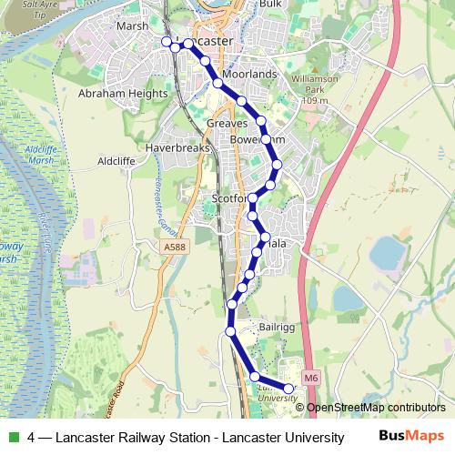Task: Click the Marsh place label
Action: tap(133, 26)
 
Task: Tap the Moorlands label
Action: tap(249, 73)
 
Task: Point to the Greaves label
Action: tap(227, 123)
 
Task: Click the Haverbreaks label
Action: tap(177, 147)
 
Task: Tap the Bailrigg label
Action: tap(275, 325)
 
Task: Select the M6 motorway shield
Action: tap(312, 378)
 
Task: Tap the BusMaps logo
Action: tap(410, 437)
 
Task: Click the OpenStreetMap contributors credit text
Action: tap(375, 408)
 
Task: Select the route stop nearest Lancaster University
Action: tap(289, 389)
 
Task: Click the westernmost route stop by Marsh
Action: tap(167, 41)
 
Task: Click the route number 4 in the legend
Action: tap(32, 438)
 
